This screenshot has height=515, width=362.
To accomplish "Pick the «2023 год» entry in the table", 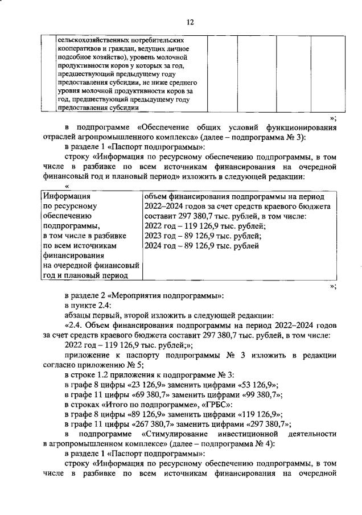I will tap(162, 236).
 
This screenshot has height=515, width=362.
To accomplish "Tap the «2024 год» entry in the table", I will tap(162, 246).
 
